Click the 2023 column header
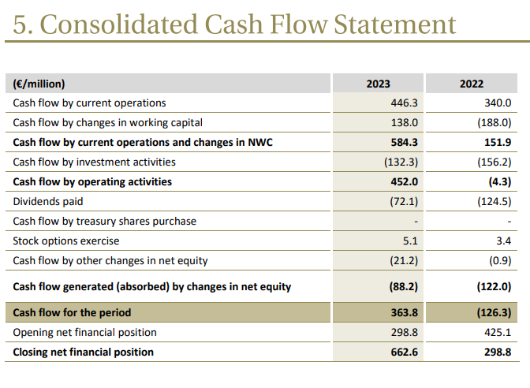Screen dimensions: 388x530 point(378,84)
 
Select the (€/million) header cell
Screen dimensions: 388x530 point(39,84)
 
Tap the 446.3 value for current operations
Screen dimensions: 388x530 point(404,103)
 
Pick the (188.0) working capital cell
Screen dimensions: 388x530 point(495,123)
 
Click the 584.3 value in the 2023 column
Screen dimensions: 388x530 point(403,143)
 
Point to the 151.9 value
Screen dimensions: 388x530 point(496,143)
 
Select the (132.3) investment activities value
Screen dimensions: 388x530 point(400,162)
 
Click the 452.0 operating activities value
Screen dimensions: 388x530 point(403,182)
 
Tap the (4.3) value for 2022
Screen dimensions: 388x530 point(499,182)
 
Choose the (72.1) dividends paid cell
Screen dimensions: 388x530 point(402,202)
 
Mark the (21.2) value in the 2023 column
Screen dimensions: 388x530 point(402,261)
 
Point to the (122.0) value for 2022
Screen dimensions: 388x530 point(495,287)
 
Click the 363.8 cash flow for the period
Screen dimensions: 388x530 point(403,313)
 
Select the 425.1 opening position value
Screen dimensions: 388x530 point(497,333)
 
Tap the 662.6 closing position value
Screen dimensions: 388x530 point(403,353)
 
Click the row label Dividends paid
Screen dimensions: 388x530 point(47,202)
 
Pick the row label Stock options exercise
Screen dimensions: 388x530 point(66,241)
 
